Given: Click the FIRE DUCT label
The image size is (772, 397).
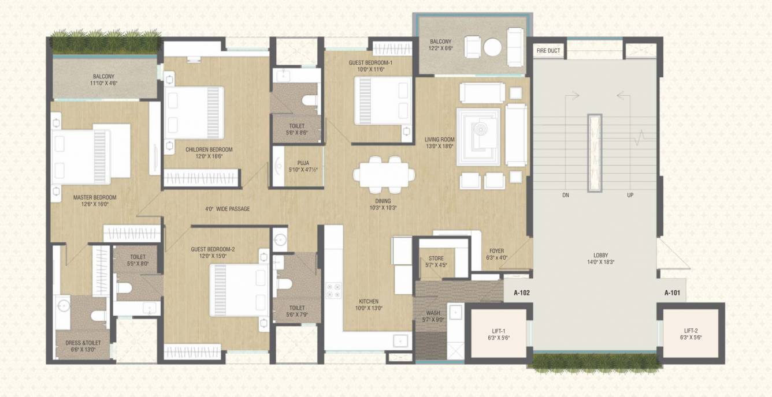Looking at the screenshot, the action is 548,51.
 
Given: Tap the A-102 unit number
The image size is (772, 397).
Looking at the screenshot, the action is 521,293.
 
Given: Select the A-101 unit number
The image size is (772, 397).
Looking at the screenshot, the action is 672,293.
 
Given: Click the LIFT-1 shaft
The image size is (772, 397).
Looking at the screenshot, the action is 499,333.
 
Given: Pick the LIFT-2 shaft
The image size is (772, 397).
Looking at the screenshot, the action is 691,333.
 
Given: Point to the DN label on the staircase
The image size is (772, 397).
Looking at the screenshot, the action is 566,195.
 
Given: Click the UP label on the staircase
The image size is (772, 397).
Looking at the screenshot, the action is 630,195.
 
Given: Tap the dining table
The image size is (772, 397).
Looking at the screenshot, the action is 384,174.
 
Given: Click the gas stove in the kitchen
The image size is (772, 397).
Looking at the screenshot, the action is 333,290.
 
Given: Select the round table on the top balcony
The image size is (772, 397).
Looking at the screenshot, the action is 492,47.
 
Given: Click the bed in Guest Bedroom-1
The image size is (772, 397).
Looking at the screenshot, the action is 383,100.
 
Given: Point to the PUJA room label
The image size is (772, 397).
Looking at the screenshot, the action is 303,163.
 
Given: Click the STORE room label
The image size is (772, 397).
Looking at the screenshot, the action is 436,258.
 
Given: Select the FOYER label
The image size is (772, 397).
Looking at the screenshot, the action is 496,251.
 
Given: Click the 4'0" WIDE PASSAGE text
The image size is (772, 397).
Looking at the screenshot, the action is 228,209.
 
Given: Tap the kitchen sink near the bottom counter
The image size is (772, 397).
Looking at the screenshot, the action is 400,340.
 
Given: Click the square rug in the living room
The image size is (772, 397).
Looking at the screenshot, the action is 478,137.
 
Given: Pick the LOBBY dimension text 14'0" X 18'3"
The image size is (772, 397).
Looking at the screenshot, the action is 601,262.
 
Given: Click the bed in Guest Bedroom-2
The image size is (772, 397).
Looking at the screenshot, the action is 240,290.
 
